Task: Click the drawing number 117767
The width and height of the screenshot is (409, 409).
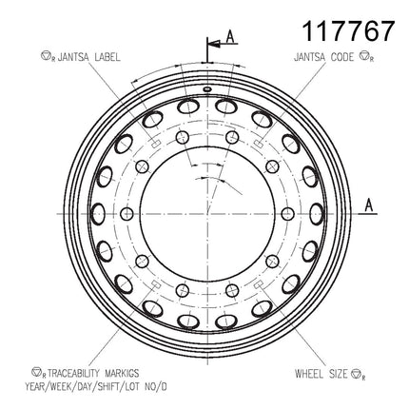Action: point(349,30)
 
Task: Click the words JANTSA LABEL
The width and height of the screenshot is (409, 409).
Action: point(89,57)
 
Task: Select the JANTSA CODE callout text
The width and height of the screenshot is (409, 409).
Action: point(323,57)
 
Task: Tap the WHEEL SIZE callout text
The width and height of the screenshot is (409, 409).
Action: point(321,374)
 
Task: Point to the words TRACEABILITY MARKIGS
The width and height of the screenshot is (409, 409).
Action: point(93,373)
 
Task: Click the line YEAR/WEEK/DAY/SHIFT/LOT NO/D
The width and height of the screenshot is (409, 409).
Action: point(96,386)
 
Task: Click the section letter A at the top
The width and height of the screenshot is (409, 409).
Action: point(230,36)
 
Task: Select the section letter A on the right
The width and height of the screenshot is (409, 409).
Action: point(369,204)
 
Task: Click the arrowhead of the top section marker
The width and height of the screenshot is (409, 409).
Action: point(214,43)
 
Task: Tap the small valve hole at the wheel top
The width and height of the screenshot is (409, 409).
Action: point(207,89)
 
